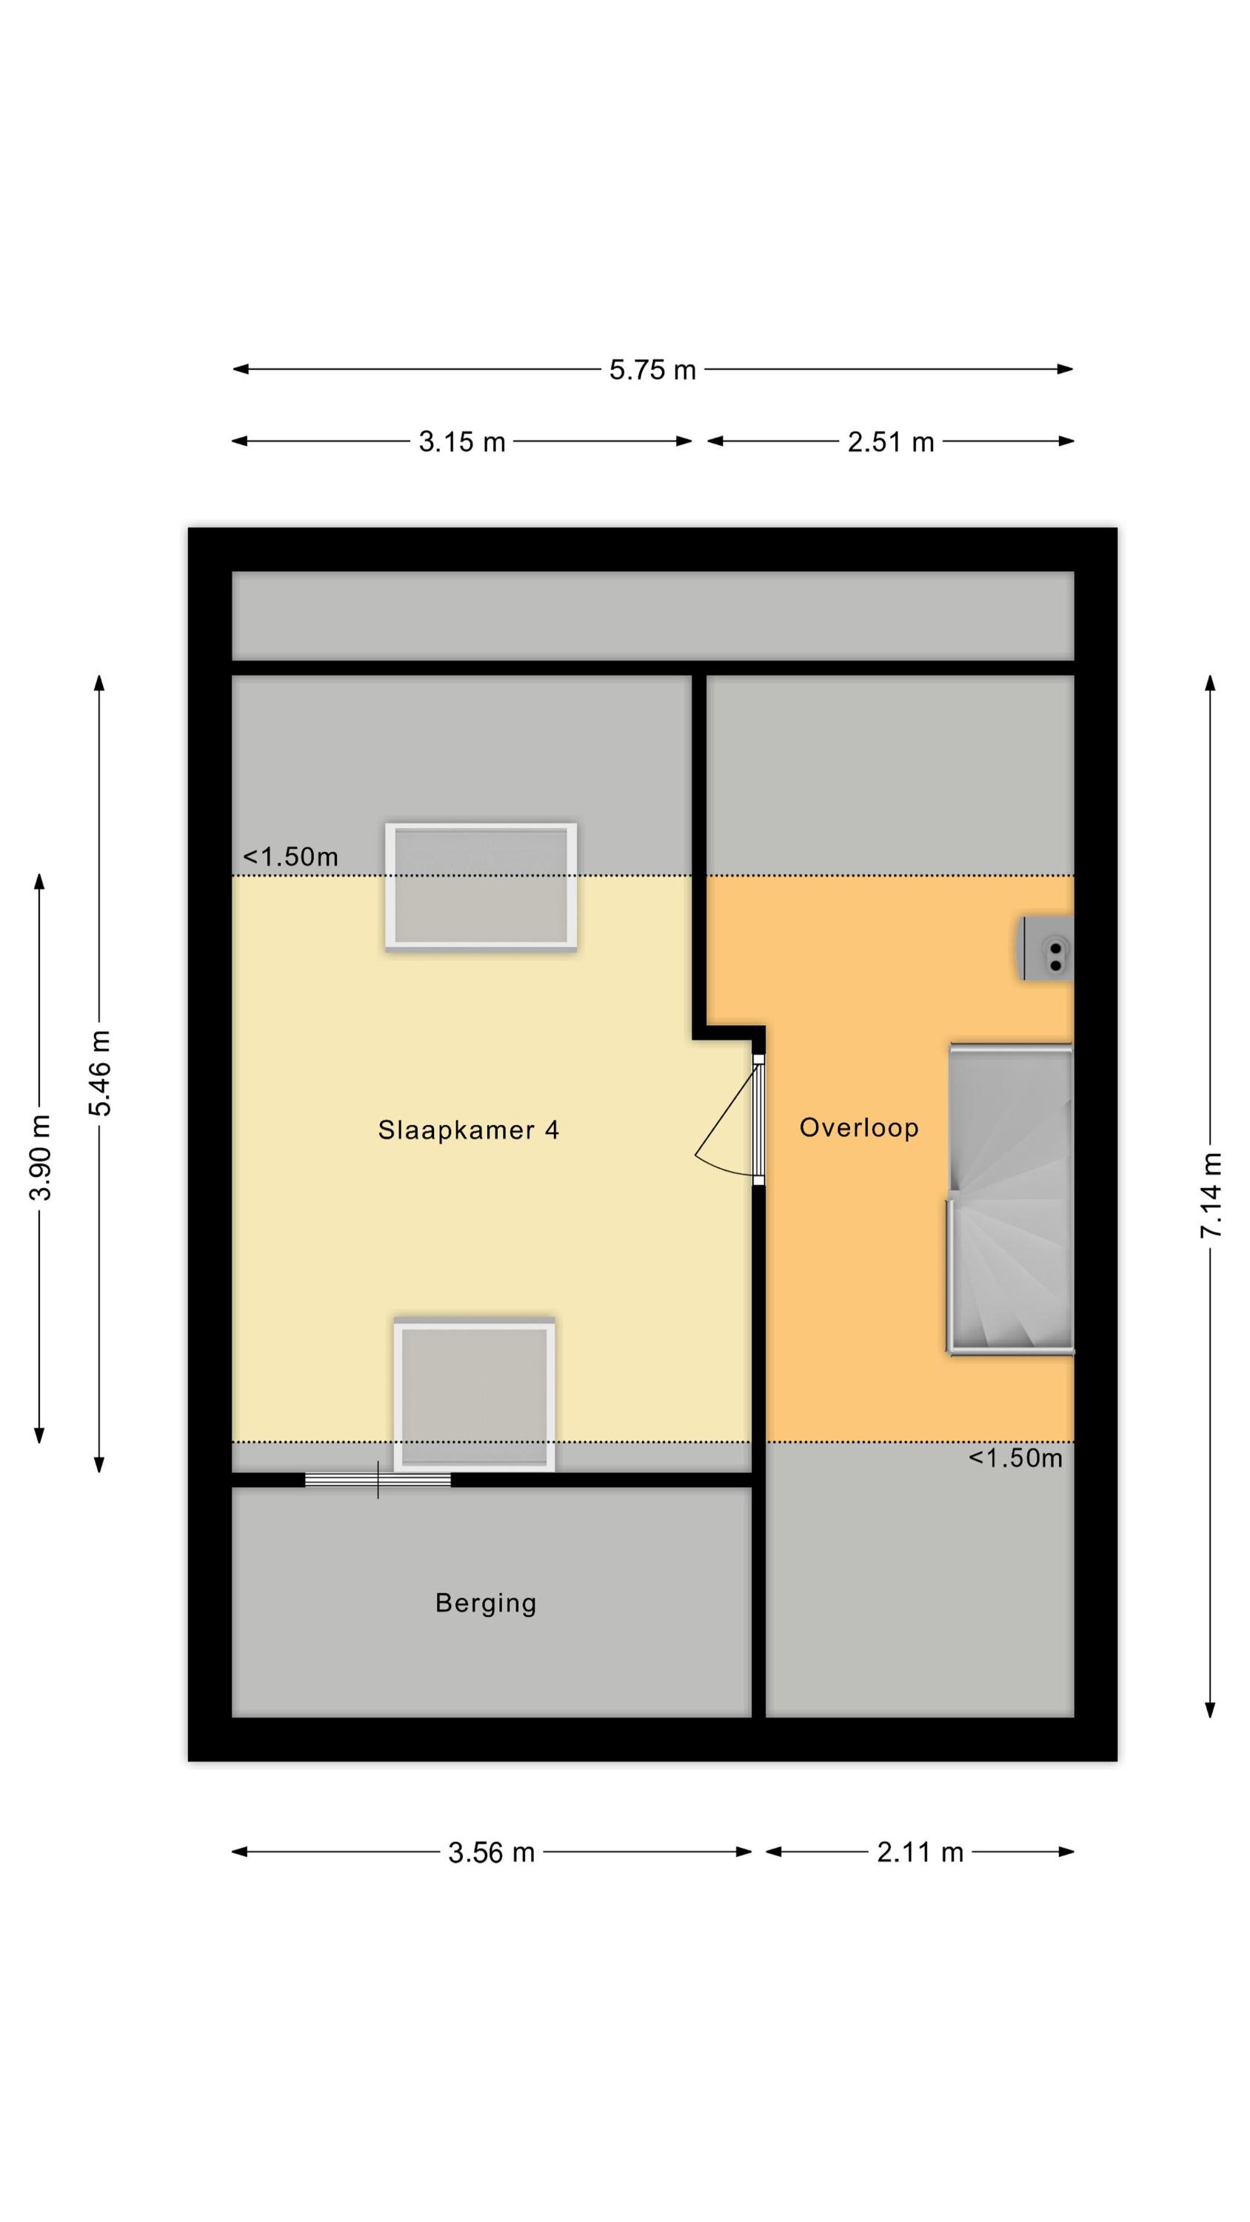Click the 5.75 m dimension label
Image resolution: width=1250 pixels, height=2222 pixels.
click(x=652, y=370)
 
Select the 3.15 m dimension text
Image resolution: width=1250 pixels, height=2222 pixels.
click(x=461, y=442)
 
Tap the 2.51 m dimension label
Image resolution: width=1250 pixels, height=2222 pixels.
click(x=890, y=442)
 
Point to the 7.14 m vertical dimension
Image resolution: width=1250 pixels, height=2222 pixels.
click(x=1211, y=1195)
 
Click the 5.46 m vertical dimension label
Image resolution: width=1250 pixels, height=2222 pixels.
click(x=100, y=1073)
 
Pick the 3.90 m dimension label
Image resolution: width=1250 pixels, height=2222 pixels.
click(x=40, y=1158)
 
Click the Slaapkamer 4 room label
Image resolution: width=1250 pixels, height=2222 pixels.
click(x=469, y=1130)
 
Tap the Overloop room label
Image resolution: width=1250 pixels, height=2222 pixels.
click(x=858, y=1127)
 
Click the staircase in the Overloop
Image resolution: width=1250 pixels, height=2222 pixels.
click(x=1010, y=1199)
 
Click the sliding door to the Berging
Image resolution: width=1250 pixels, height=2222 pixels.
click(x=378, y=1479)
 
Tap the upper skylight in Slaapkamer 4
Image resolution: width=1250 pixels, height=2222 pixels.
click(x=481, y=887)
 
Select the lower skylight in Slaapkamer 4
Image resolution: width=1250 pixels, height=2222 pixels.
click(x=475, y=1395)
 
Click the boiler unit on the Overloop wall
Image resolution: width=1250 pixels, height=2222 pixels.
click(x=1046, y=948)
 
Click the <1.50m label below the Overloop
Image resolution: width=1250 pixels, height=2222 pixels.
click(x=1015, y=1458)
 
